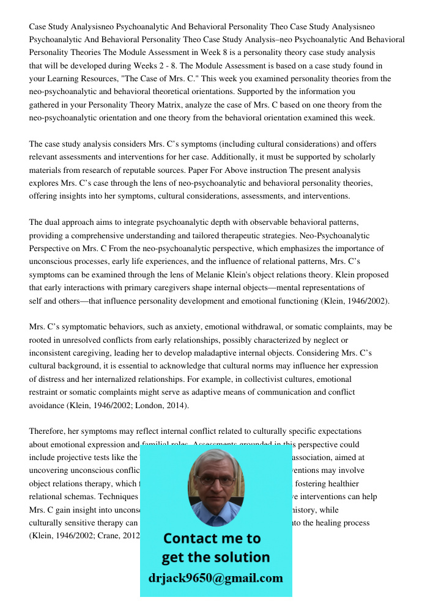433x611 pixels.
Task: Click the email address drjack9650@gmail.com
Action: pos(215,578)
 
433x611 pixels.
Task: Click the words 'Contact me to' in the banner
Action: pos(212,538)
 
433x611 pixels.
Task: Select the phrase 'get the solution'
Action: pos(215,557)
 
